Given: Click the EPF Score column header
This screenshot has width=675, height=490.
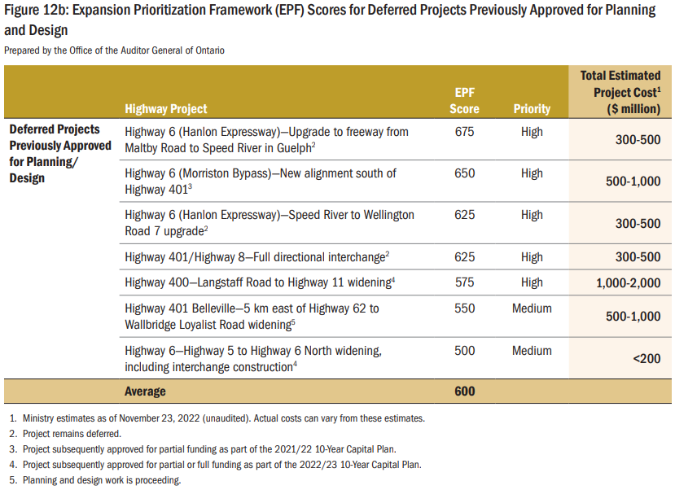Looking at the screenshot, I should coord(465,100).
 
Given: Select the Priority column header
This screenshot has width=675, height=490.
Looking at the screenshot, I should coord(532,108).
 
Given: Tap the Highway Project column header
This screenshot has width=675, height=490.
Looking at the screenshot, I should coord(166,108).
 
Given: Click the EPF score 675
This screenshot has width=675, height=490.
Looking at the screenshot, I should coord(465,131).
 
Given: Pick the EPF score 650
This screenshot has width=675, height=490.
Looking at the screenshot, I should coord(465,173).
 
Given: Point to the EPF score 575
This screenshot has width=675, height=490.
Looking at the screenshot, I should coord(465,282).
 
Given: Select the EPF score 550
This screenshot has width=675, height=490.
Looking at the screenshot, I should coord(465,308).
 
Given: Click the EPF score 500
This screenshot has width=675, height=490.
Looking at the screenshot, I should coord(465,351).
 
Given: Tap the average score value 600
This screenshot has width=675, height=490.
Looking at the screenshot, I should coord(465,391).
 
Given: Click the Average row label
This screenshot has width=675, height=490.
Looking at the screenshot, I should coord(145,392).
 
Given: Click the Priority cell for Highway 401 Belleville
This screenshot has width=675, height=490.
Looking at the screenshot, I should coord(532,308).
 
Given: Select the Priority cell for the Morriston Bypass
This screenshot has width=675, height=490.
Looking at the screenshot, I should coord(532,173).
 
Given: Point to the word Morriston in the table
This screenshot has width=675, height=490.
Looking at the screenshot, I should coord(210,173).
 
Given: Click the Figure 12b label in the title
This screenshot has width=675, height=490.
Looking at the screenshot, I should coord(37,11).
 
